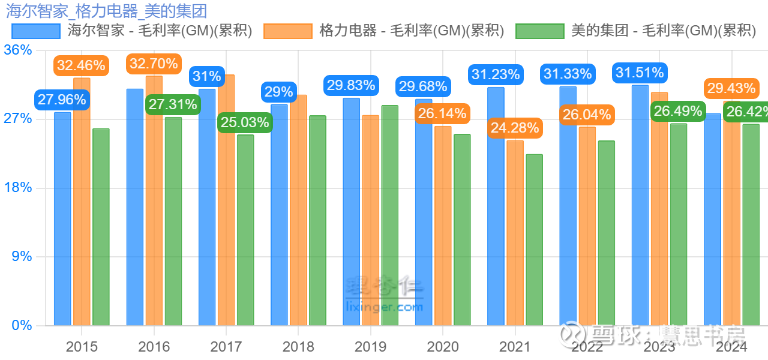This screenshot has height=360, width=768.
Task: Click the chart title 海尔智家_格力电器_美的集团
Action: (x=107, y=10)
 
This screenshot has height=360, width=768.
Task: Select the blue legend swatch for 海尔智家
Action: (x=36, y=31)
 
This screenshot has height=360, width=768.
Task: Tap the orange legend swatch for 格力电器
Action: (x=288, y=31)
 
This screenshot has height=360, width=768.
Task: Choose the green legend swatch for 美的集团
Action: (x=540, y=31)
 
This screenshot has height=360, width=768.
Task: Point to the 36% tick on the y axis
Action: (x=18, y=50)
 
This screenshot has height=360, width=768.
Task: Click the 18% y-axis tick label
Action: (x=18, y=188)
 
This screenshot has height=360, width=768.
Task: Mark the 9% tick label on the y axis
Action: (x=22, y=257)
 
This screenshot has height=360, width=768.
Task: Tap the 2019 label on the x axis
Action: (x=370, y=347)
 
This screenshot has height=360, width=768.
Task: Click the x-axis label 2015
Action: (x=82, y=347)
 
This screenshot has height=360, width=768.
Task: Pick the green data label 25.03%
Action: (x=245, y=122)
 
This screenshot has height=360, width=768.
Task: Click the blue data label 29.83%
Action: (x=350, y=85)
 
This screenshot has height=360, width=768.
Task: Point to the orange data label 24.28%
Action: (x=514, y=128)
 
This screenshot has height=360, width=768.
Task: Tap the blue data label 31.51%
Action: (x=639, y=73)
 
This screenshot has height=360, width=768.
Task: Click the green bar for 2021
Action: (x=534, y=240)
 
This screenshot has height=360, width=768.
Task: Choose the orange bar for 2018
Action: (x=298, y=210)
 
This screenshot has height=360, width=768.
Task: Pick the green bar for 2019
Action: (x=390, y=216)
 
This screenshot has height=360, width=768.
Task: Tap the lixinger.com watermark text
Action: (x=385, y=307)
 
